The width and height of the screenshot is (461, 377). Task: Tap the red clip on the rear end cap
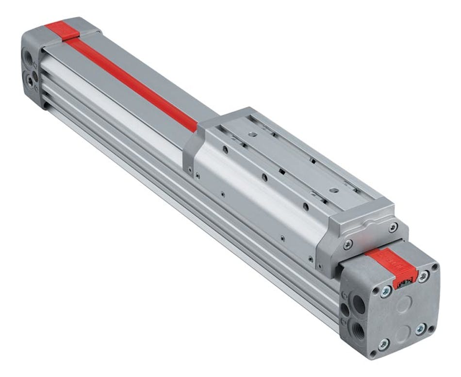(63, 30)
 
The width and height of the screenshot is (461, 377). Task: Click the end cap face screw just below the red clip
(386, 292)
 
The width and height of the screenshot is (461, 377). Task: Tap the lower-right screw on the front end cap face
(421, 329)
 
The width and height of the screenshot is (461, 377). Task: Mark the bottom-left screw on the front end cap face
(383, 344)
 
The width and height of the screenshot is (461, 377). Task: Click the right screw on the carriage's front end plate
(393, 228)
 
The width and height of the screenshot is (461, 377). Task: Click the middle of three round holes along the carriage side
(264, 178)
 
